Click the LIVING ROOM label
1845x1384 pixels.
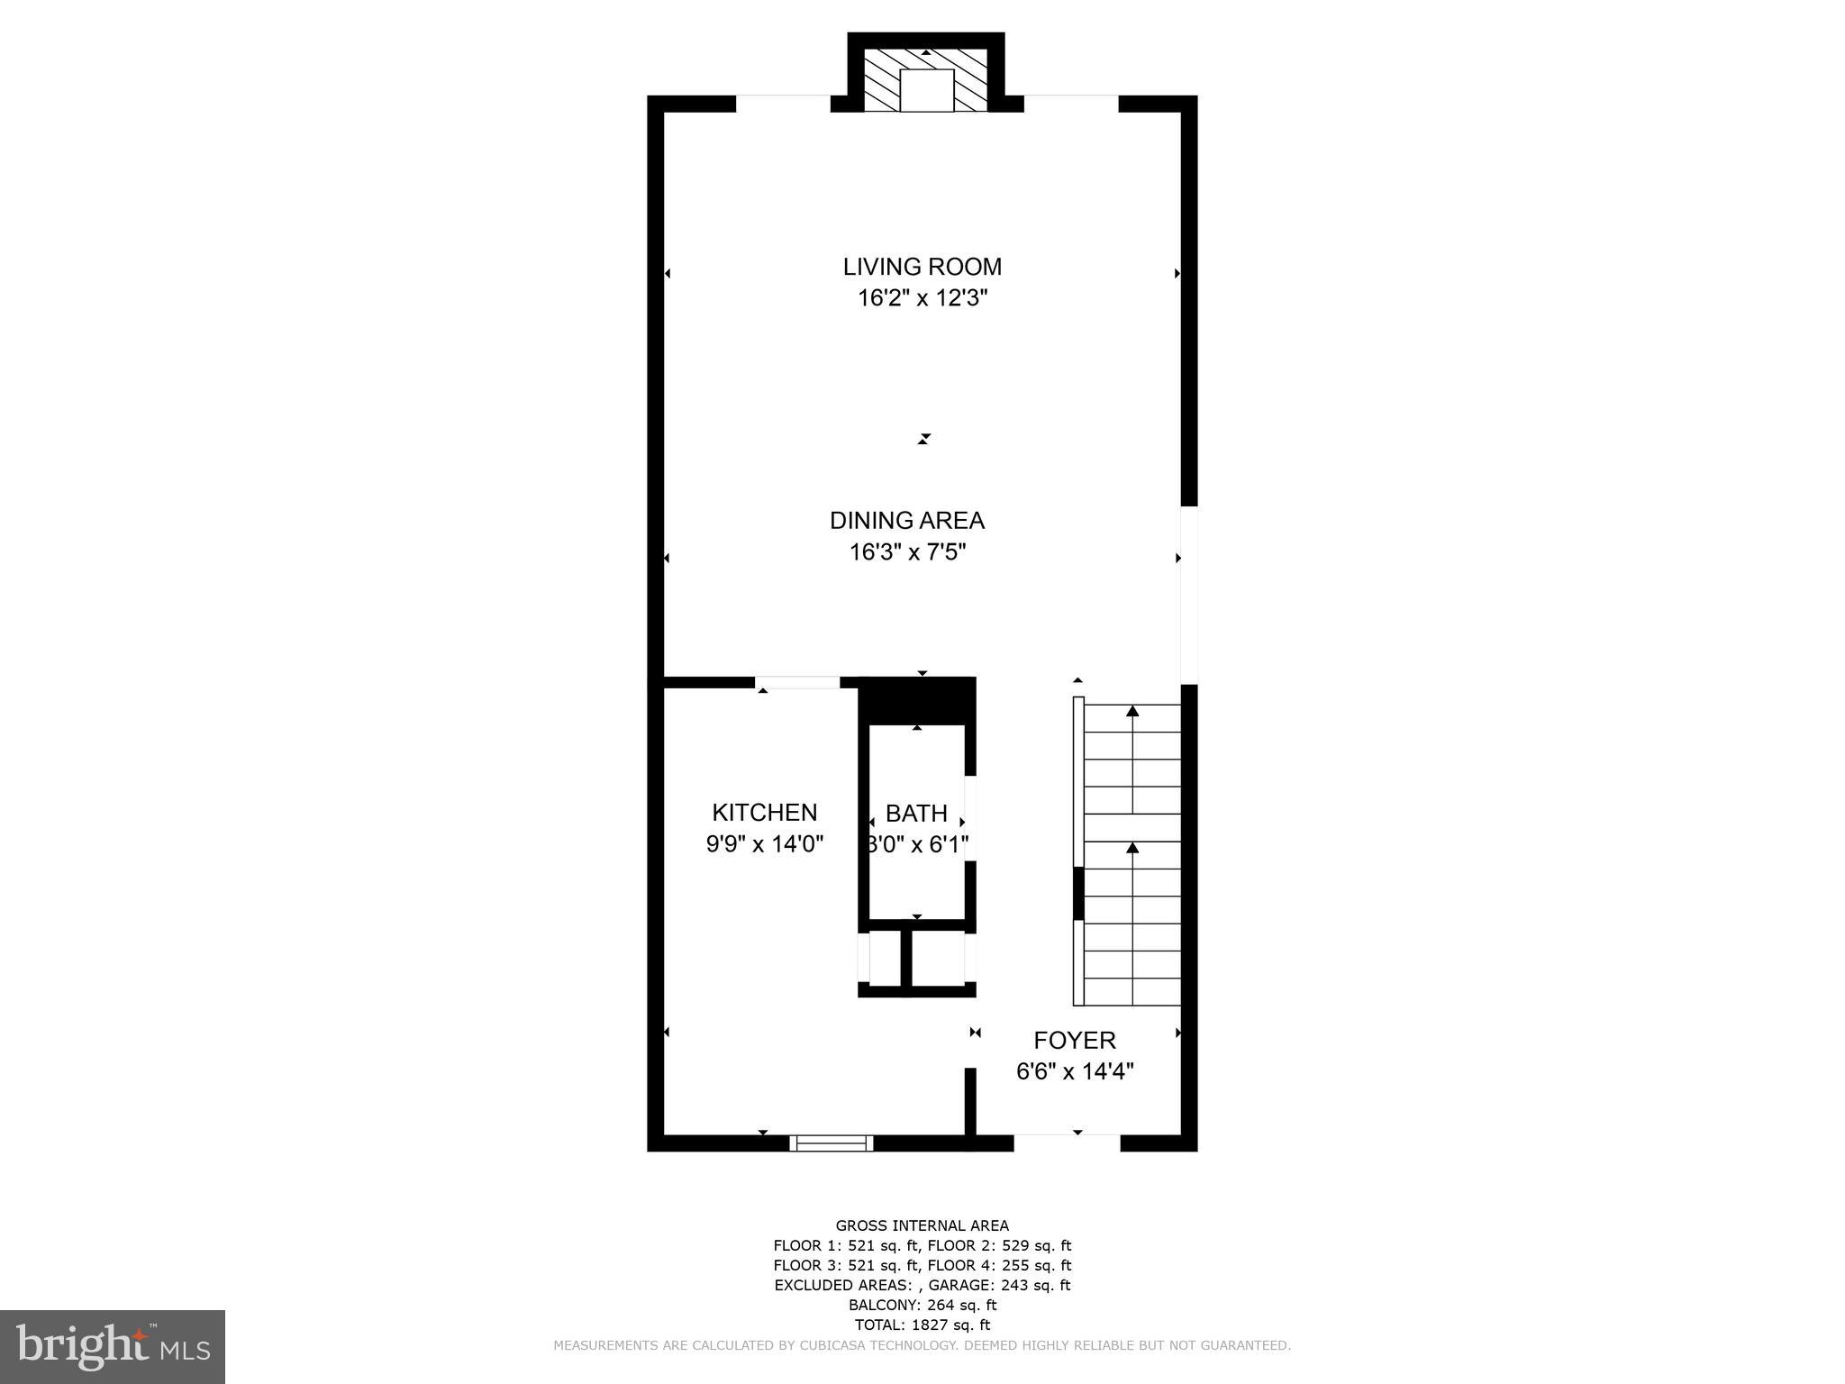[922, 267]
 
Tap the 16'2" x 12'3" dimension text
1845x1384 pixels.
[922, 298]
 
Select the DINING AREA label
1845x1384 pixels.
[906, 521]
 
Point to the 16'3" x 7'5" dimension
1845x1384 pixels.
[906, 552]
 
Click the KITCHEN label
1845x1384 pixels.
[764, 813]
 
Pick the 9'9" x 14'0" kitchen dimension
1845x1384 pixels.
[764, 844]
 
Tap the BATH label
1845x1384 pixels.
[916, 814]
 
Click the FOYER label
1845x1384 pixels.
[1074, 1041]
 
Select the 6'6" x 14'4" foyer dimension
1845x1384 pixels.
[1074, 1071]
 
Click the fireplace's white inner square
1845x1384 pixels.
[926, 90]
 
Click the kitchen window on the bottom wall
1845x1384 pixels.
[832, 1143]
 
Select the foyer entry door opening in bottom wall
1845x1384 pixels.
[1067, 1143]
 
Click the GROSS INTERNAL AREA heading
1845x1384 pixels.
[922, 1225]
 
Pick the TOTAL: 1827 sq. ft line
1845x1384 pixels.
[922, 1325]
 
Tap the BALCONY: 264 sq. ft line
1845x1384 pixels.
[922, 1305]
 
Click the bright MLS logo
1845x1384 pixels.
[113, 1347]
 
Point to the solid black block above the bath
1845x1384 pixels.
[917, 701]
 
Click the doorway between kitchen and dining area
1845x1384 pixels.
[797, 682]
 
